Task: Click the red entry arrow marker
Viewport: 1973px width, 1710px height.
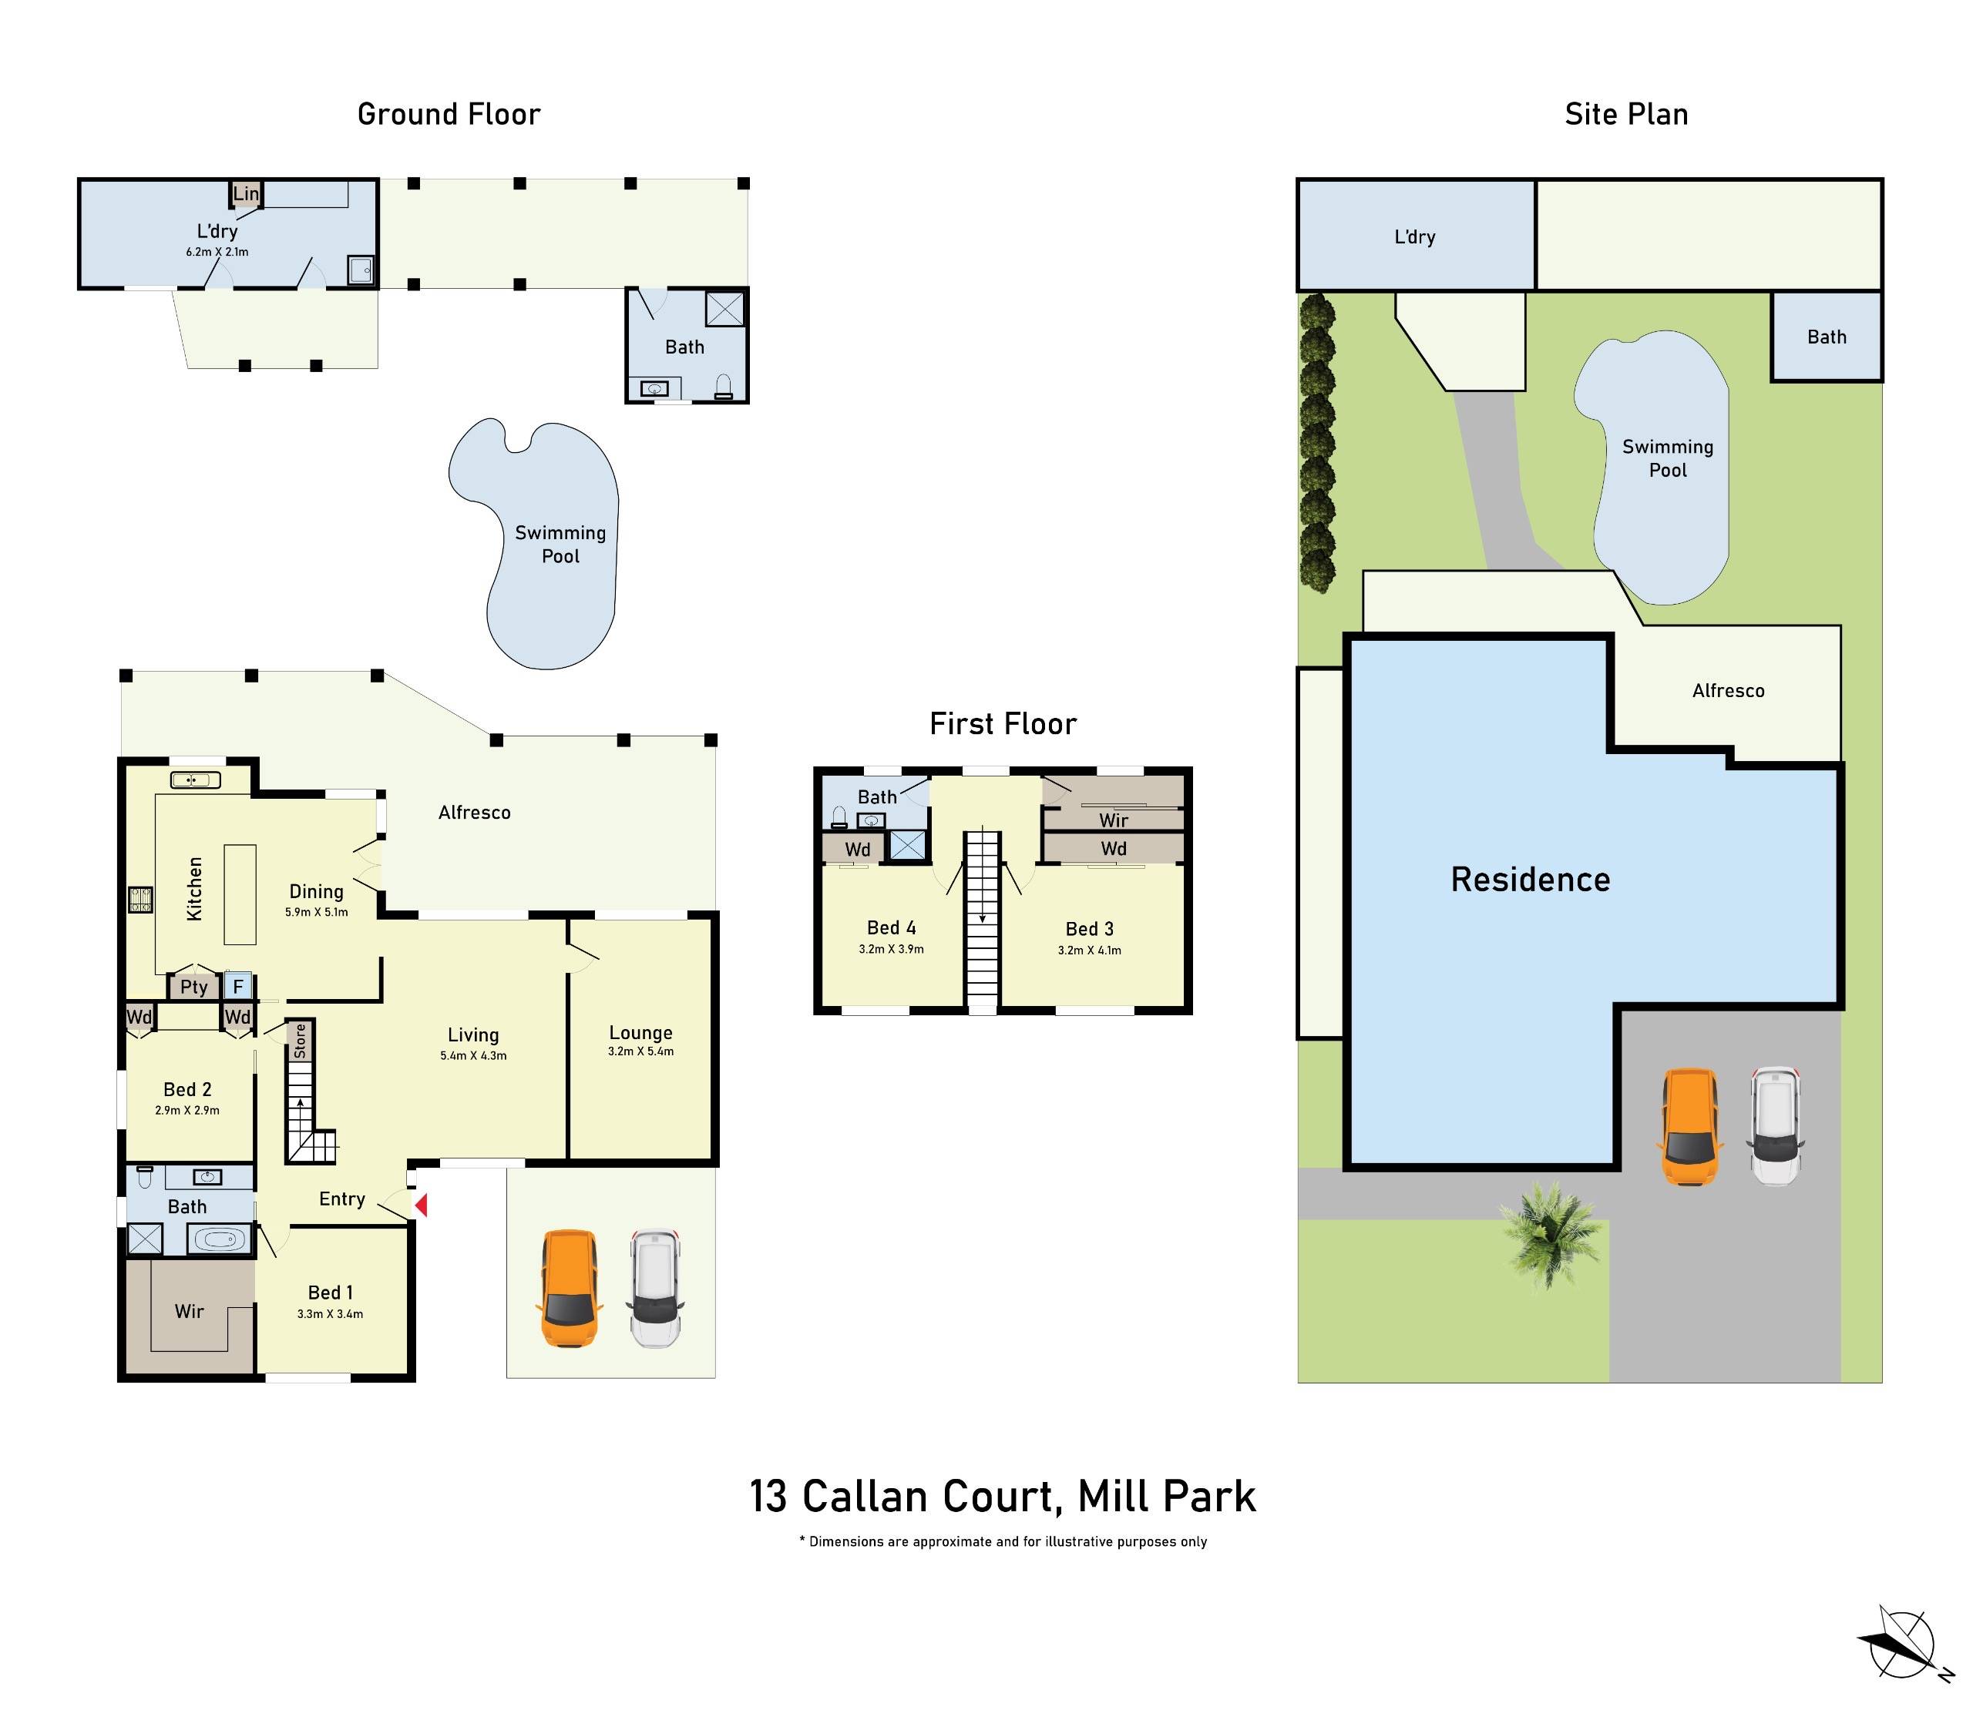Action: coord(420,1206)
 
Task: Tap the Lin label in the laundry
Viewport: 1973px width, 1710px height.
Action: coord(245,193)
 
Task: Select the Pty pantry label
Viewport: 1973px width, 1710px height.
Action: coord(193,987)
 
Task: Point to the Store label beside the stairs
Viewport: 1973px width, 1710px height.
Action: coord(300,1040)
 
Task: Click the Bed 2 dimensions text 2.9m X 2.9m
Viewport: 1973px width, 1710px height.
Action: coord(187,1110)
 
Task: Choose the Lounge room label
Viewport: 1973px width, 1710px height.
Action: coord(640,1032)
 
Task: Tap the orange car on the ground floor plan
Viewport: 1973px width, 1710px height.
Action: coord(569,1288)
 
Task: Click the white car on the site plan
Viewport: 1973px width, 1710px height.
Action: coord(1776,1126)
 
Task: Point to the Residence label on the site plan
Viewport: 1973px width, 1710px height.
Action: coord(1530,880)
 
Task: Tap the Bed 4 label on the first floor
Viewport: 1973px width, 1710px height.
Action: coord(891,927)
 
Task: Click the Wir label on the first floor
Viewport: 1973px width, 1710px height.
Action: coord(1113,820)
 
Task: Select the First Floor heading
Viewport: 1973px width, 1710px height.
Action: coord(1002,724)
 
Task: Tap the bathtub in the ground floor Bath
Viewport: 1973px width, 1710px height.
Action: coord(221,1240)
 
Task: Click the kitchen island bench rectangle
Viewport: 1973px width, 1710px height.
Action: coord(240,894)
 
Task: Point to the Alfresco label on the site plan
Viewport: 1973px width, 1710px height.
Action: coord(1728,691)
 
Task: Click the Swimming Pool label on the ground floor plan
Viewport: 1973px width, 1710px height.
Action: coord(560,544)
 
